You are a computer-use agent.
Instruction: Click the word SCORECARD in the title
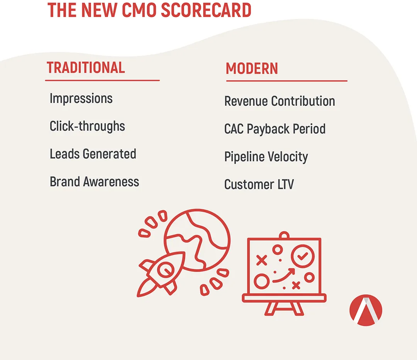point(206,10)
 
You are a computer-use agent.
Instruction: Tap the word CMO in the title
point(139,10)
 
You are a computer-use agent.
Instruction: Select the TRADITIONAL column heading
point(86,68)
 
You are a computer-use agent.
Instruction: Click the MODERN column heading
point(252,69)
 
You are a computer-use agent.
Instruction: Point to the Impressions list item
point(81,98)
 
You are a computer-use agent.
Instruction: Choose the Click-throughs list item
point(87,126)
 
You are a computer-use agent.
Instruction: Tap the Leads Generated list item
point(93,154)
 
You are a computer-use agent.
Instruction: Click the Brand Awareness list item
point(95,182)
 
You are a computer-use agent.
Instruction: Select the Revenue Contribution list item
point(280,101)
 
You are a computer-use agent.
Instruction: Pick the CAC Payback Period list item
point(275,129)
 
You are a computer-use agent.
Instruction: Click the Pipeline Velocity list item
point(266,157)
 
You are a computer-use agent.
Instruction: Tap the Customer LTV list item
point(259,184)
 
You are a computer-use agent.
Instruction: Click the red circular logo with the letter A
point(366,310)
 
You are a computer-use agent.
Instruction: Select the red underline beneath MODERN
point(286,81)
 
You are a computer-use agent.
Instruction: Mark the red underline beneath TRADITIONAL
point(102,80)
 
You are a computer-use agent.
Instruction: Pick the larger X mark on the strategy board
point(262,260)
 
